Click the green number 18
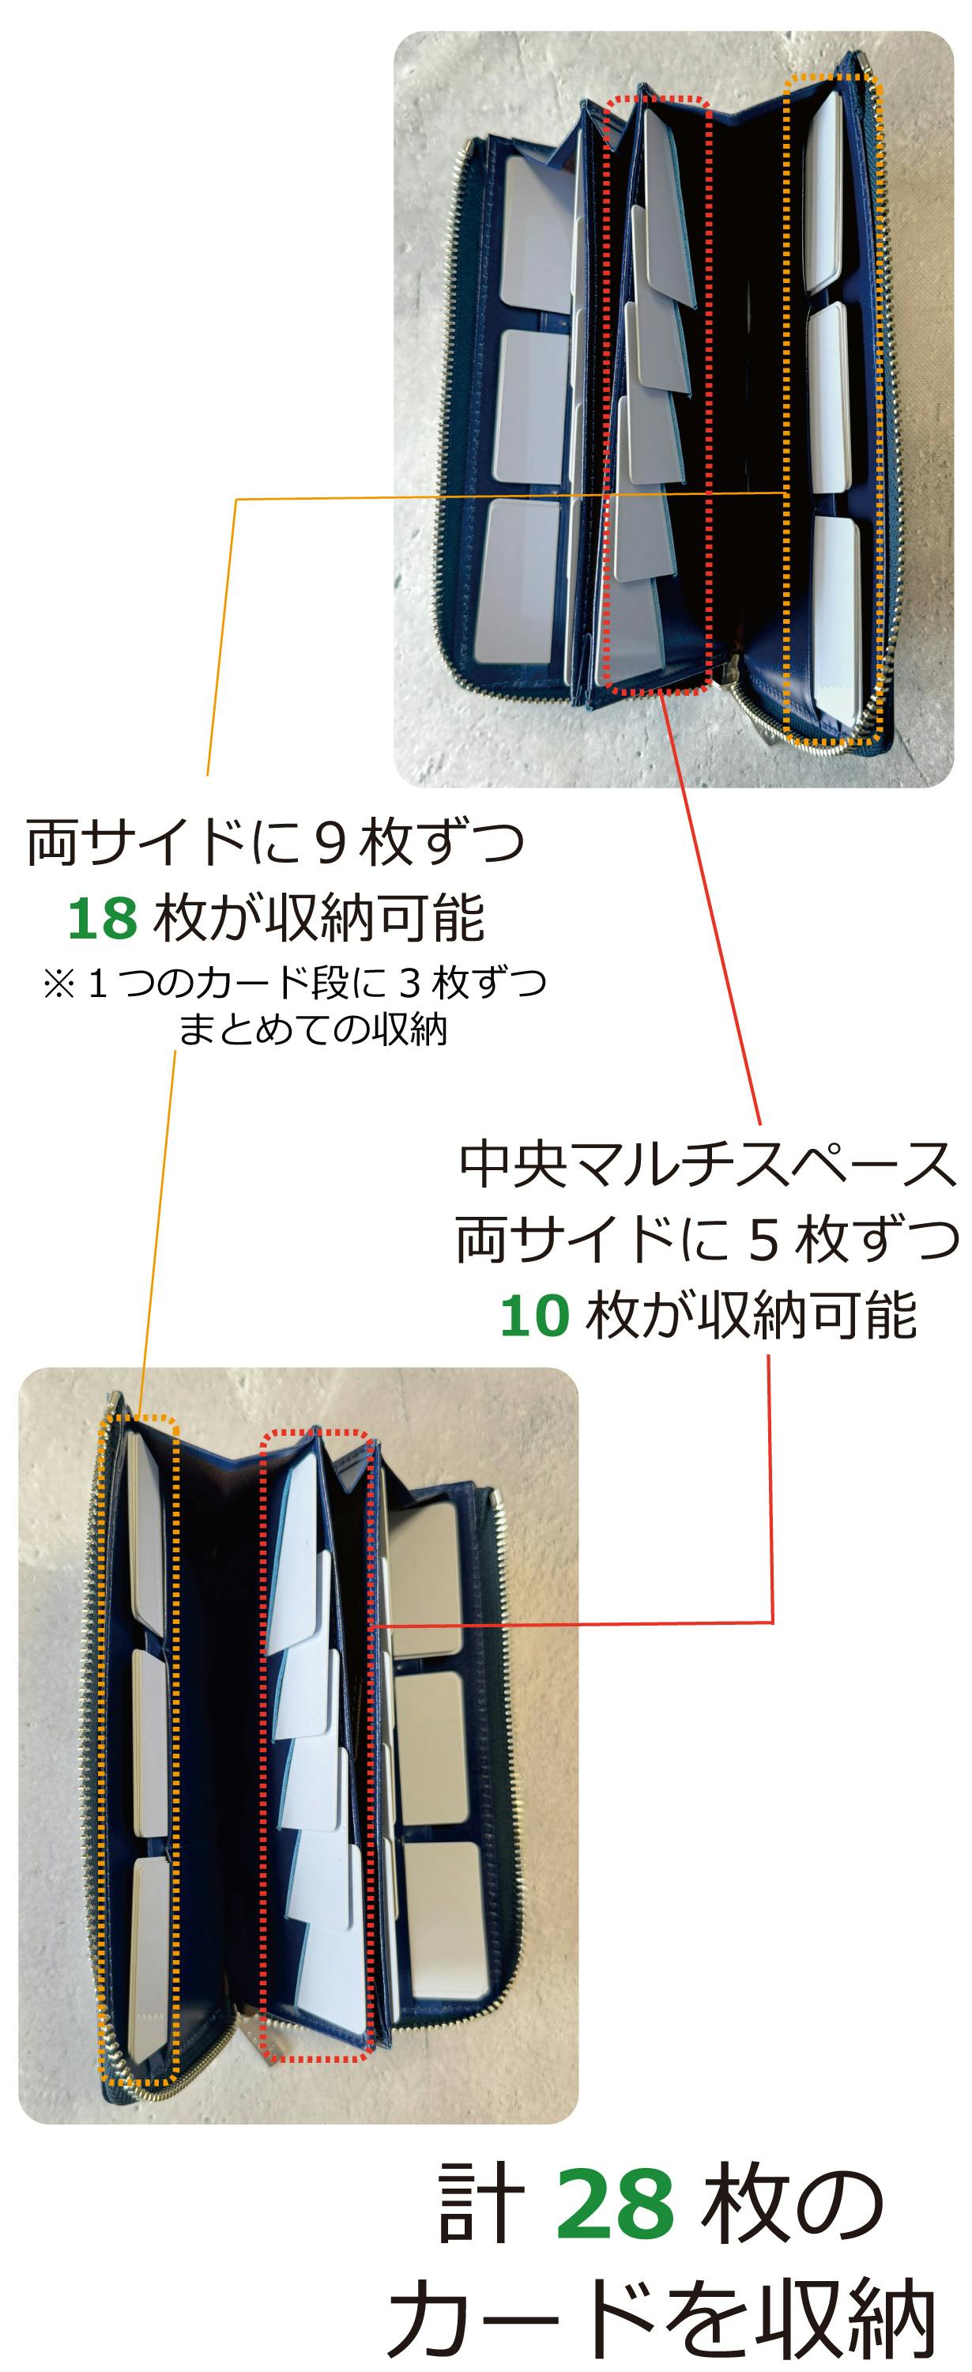click(x=103, y=918)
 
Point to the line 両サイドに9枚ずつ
click(x=275, y=843)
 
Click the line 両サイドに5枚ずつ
click(x=707, y=1240)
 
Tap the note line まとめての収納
click(x=313, y=1029)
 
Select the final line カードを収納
click(x=661, y=2317)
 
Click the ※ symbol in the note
click(x=59, y=984)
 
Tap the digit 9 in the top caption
click(x=330, y=844)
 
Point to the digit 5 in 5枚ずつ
click(x=764, y=1241)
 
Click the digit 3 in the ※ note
click(x=409, y=984)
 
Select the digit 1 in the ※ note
click(x=97, y=984)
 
